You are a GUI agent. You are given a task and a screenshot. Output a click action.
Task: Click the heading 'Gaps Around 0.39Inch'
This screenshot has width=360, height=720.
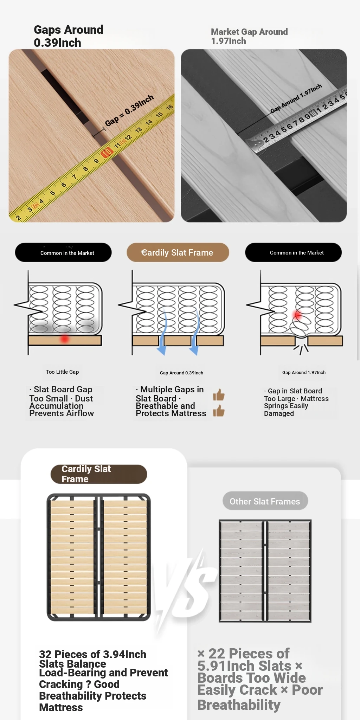tap(69, 36)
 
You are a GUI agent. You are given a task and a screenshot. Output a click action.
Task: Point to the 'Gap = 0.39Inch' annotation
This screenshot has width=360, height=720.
tap(129, 110)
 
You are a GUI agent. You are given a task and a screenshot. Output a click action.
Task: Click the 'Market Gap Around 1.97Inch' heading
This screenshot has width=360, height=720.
tap(249, 36)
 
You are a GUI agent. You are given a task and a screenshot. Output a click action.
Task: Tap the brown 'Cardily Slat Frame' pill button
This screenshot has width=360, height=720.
tap(178, 252)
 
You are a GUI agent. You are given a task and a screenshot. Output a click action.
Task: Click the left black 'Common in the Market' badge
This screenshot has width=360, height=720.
tap(63, 252)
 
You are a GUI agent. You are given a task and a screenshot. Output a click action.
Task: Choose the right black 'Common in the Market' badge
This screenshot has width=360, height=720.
tap(293, 252)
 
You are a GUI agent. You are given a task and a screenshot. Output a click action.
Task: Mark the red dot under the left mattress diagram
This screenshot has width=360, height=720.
tap(64, 339)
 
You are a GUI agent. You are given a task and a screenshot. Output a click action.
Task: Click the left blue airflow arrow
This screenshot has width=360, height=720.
tap(162, 332)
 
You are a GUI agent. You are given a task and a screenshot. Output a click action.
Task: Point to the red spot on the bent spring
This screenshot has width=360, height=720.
tap(298, 315)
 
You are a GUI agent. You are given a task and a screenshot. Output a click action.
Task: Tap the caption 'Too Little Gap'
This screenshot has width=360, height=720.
tap(63, 372)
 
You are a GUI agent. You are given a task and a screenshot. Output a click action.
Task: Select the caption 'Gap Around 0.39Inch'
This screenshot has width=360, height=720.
tap(181, 373)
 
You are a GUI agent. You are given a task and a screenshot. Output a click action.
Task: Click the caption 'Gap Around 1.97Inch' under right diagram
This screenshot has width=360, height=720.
tap(304, 372)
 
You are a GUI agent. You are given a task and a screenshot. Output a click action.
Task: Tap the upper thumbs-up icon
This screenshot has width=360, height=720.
tap(219, 395)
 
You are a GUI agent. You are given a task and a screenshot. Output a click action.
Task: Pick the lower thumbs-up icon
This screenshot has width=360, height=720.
tap(219, 411)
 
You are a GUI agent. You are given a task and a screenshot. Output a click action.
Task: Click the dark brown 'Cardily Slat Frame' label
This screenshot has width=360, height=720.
tap(99, 474)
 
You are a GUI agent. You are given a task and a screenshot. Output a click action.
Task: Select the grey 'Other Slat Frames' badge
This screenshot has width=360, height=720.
tap(265, 501)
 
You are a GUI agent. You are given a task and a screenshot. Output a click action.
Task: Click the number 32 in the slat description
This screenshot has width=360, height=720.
tap(45, 654)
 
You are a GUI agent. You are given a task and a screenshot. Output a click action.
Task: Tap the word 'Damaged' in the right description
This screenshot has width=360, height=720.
tap(279, 413)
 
